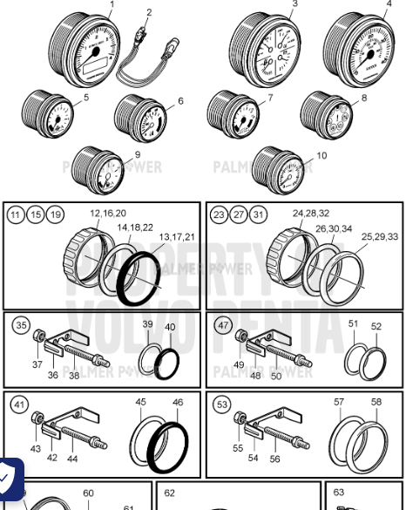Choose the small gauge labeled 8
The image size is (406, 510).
328,113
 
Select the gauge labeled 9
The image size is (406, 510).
98,168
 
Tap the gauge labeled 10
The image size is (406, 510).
279,167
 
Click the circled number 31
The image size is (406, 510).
260,215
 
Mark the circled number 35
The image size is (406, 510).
22,326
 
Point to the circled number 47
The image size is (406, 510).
224,326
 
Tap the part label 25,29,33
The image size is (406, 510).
380,236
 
